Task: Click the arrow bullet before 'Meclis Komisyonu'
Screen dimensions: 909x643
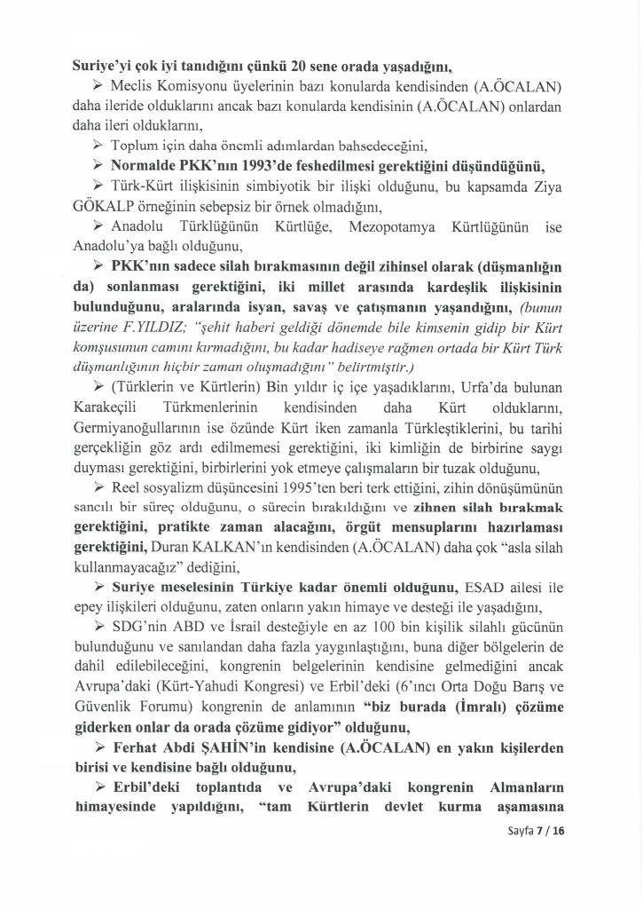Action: (98, 83)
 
